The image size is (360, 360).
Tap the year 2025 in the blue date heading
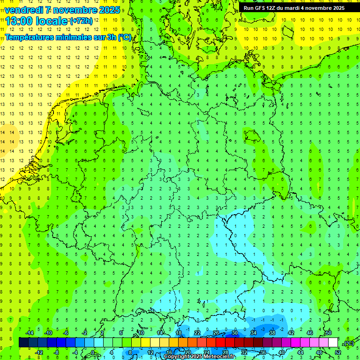point(107,10)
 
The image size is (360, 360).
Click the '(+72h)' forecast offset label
point(81,21)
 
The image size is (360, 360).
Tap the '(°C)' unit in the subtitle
point(124,37)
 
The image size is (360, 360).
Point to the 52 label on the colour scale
point(337,352)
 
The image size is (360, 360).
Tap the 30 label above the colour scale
point(234,333)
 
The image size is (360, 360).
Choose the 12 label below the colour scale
point(150,352)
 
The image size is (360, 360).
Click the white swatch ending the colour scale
point(333,342)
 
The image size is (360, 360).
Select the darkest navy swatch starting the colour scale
point(23,342)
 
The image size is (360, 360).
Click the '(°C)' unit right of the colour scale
point(349,344)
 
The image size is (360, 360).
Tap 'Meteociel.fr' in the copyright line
point(220,357)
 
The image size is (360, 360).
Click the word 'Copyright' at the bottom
point(178,357)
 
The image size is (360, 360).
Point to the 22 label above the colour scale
point(197,333)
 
